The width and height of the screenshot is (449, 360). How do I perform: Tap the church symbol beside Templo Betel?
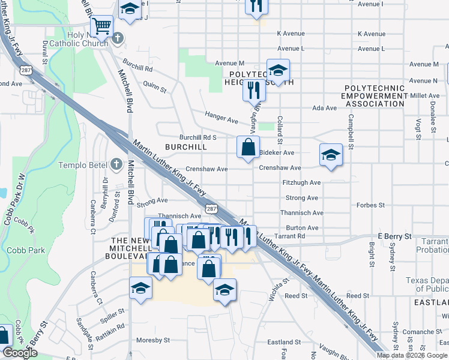click(x=117, y=164)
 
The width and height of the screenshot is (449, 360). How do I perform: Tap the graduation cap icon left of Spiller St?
click(x=140, y=288)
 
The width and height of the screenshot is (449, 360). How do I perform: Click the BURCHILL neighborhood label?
click(x=186, y=147)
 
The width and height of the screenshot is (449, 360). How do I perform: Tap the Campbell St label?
click(x=349, y=133)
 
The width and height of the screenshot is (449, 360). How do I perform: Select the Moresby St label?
click(x=153, y=340)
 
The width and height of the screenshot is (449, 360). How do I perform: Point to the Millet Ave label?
click(x=425, y=95)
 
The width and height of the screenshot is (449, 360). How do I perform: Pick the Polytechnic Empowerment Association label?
click(x=375, y=95)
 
